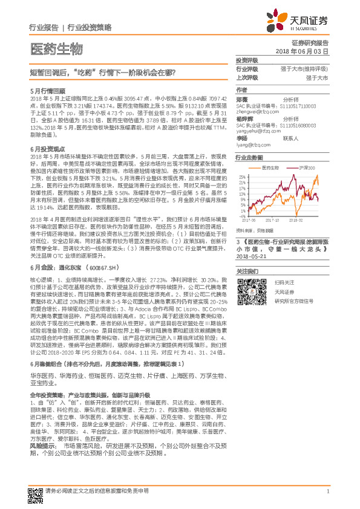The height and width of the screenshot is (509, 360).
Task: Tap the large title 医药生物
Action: (56, 48)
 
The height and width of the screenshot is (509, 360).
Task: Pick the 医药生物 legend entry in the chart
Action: (270, 167)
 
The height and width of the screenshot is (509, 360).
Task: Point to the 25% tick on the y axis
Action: (241, 177)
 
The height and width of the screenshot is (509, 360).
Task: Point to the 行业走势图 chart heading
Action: (249, 158)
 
